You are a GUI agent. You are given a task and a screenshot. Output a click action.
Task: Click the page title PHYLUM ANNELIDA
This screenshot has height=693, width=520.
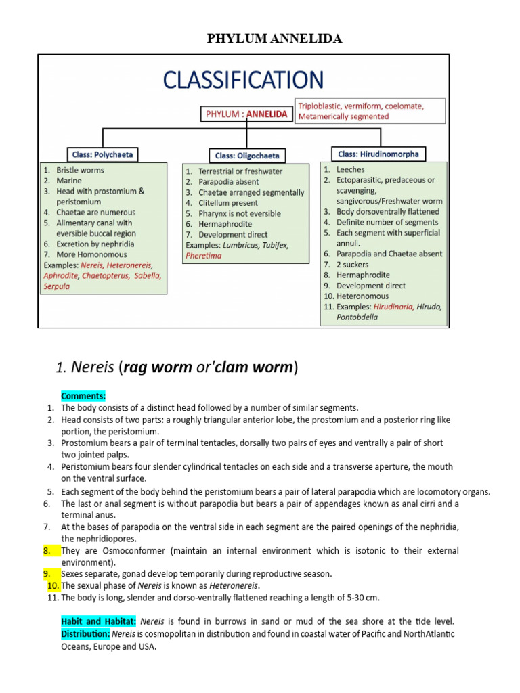coord(274,39)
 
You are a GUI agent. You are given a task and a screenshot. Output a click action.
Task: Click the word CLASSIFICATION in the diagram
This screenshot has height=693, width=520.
coord(243,80)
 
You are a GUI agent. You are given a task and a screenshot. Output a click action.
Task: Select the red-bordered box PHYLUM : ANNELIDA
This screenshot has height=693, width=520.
coord(246,114)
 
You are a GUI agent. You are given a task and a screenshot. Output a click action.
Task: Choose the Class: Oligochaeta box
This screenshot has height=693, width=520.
coord(246,155)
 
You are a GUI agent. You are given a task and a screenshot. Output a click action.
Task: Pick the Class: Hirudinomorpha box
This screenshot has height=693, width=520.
coord(378,154)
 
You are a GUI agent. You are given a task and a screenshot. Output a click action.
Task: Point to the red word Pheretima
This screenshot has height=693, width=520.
coord(203,256)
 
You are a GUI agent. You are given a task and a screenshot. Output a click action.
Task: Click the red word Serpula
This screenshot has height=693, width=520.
coord(57,286)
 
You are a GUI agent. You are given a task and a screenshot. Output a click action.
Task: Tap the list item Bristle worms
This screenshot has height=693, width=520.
coord(80,170)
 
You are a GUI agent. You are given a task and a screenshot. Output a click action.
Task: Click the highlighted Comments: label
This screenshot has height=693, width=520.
coord(83,396)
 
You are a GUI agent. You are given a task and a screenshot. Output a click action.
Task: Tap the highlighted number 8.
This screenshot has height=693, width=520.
coord(47,551)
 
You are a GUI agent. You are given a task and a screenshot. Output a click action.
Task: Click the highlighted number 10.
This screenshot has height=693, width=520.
coord(53,585)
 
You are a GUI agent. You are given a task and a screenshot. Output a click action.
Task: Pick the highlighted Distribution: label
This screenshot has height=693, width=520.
coord(85,634)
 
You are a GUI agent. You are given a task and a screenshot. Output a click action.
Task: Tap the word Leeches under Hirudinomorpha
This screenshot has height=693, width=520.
coord(350,169)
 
